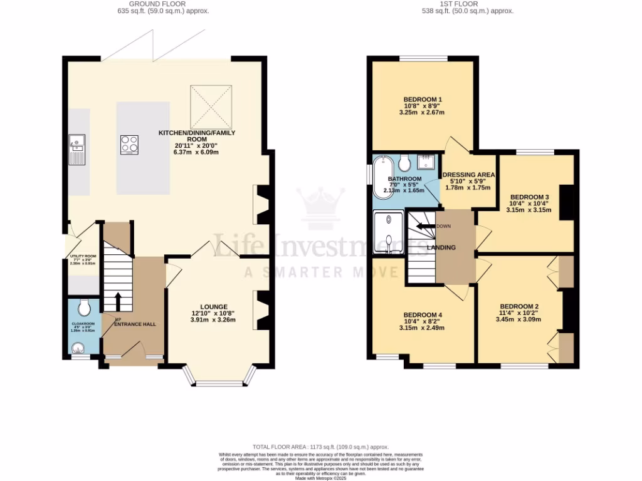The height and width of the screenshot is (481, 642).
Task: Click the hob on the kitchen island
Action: (129, 145)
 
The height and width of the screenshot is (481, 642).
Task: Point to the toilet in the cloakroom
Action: (85, 307)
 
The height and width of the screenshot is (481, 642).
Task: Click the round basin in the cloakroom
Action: (78, 348)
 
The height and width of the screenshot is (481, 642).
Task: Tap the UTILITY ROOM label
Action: (83, 256)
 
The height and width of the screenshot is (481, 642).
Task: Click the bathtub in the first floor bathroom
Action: (382, 177)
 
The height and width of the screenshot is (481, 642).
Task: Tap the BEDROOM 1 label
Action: (423, 100)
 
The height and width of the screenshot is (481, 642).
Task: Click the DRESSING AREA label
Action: (469, 175)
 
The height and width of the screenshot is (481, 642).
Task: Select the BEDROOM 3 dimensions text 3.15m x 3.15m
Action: (529, 210)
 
